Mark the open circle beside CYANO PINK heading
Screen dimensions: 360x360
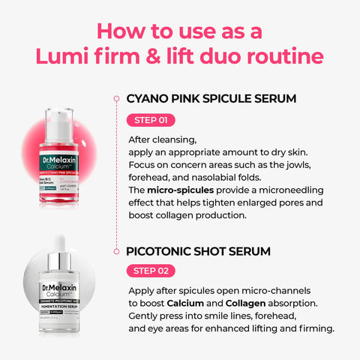115,98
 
